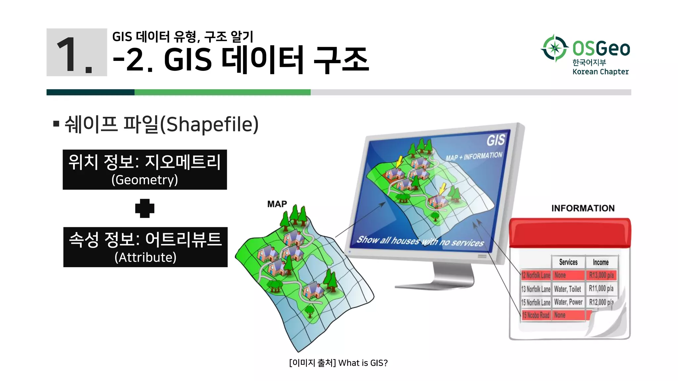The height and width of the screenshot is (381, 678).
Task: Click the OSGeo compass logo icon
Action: tap(555, 48)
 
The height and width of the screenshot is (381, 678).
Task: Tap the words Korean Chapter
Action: tap(600, 72)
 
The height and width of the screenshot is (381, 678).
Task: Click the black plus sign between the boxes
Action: tap(145, 208)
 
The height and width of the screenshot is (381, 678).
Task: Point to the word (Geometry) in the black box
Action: tap(145, 180)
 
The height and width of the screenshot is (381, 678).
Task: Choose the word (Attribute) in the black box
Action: tap(145, 257)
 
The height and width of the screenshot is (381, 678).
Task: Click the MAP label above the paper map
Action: tap(277, 204)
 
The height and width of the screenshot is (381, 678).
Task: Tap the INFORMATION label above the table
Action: tap(583, 208)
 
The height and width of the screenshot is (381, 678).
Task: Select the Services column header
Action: tap(568, 262)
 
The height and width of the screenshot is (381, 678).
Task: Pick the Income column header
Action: tap(601, 262)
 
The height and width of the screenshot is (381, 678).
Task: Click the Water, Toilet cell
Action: tap(567, 289)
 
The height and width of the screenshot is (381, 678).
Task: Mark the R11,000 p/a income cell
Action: tap(601, 289)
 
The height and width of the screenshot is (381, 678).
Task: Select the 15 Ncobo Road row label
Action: tap(536, 315)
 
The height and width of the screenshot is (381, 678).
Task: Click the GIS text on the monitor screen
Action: tap(495, 140)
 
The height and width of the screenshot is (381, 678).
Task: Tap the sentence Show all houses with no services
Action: tap(420, 241)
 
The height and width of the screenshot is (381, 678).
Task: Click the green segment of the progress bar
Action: tap(222, 92)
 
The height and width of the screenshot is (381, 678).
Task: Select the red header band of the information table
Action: tap(569, 233)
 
